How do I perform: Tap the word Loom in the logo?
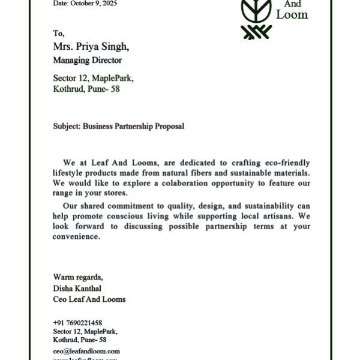(292, 14)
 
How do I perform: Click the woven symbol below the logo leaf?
(256, 32)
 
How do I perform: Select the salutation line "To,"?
(59, 34)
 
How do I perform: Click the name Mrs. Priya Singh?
(91, 46)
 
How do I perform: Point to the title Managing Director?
(87, 61)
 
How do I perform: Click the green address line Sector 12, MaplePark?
(93, 78)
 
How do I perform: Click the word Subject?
(66, 127)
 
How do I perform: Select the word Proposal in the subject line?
(170, 127)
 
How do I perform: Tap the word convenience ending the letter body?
(76, 236)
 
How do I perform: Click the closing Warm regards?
(78, 277)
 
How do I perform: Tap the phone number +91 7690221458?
(77, 323)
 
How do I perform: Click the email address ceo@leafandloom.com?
(86, 351)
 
